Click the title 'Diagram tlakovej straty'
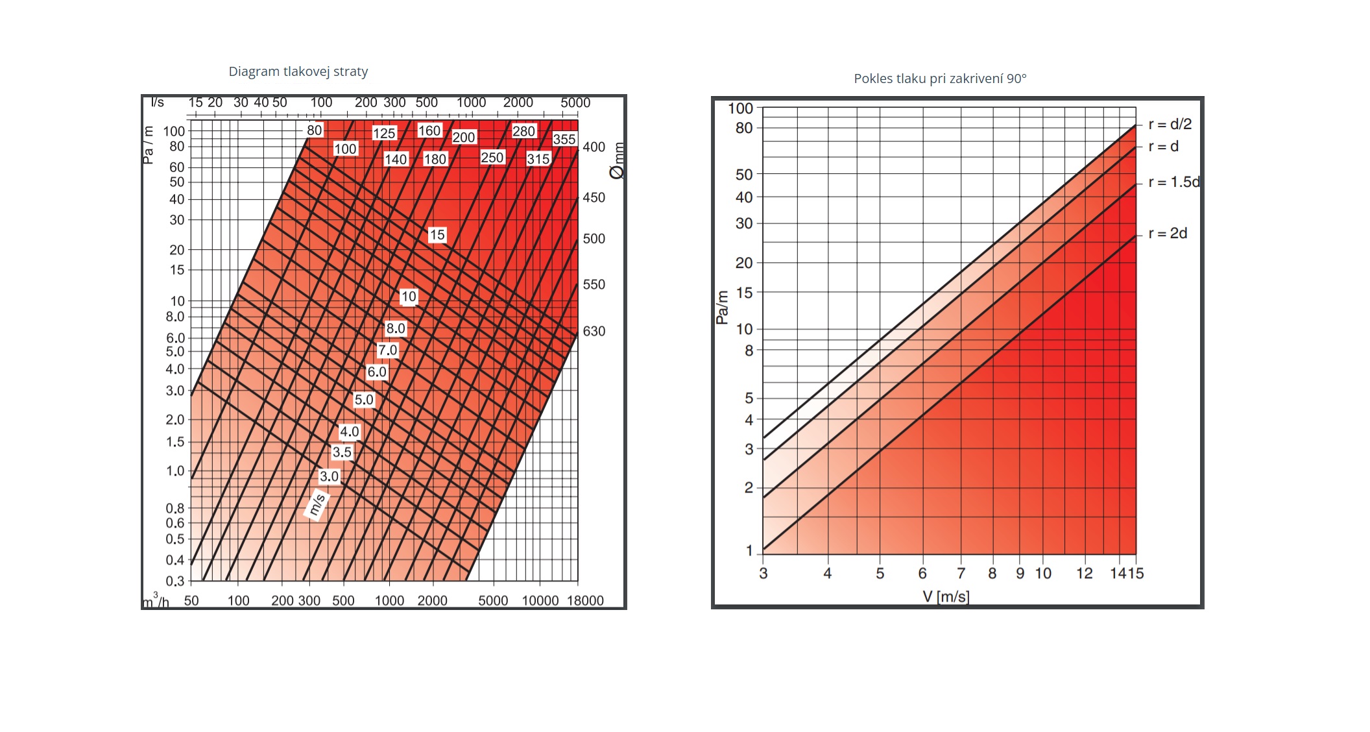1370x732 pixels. (298, 71)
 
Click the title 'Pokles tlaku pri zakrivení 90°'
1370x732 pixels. (940, 79)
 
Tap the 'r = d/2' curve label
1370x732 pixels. (1170, 124)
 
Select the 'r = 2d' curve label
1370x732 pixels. (1168, 233)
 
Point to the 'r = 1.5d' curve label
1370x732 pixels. (1173, 182)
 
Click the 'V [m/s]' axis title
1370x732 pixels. (946, 596)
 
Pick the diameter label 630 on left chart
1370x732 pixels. (594, 331)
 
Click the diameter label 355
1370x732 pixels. (564, 139)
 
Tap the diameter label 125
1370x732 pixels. (384, 133)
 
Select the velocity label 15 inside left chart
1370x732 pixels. (437, 235)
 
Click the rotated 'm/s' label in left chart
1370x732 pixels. (317, 504)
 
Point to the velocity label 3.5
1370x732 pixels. (342, 452)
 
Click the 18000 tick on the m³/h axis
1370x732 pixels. (585, 600)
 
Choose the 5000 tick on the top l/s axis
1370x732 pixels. (575, 103)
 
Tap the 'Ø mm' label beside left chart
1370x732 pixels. (617, 160)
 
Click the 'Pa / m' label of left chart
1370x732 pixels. (148, 145)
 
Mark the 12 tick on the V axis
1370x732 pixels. (1084, 573)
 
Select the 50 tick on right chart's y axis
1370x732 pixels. (744, 175)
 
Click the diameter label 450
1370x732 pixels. (594, 197)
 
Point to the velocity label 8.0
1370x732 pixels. (395, 328)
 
